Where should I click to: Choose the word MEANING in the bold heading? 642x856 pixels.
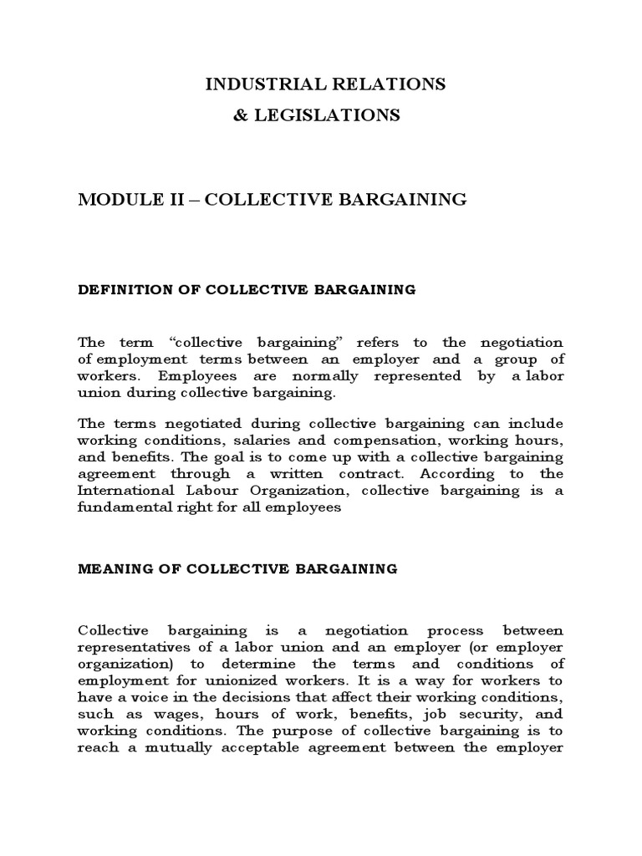pos(109,568)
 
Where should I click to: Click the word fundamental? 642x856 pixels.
pos(125,507)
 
